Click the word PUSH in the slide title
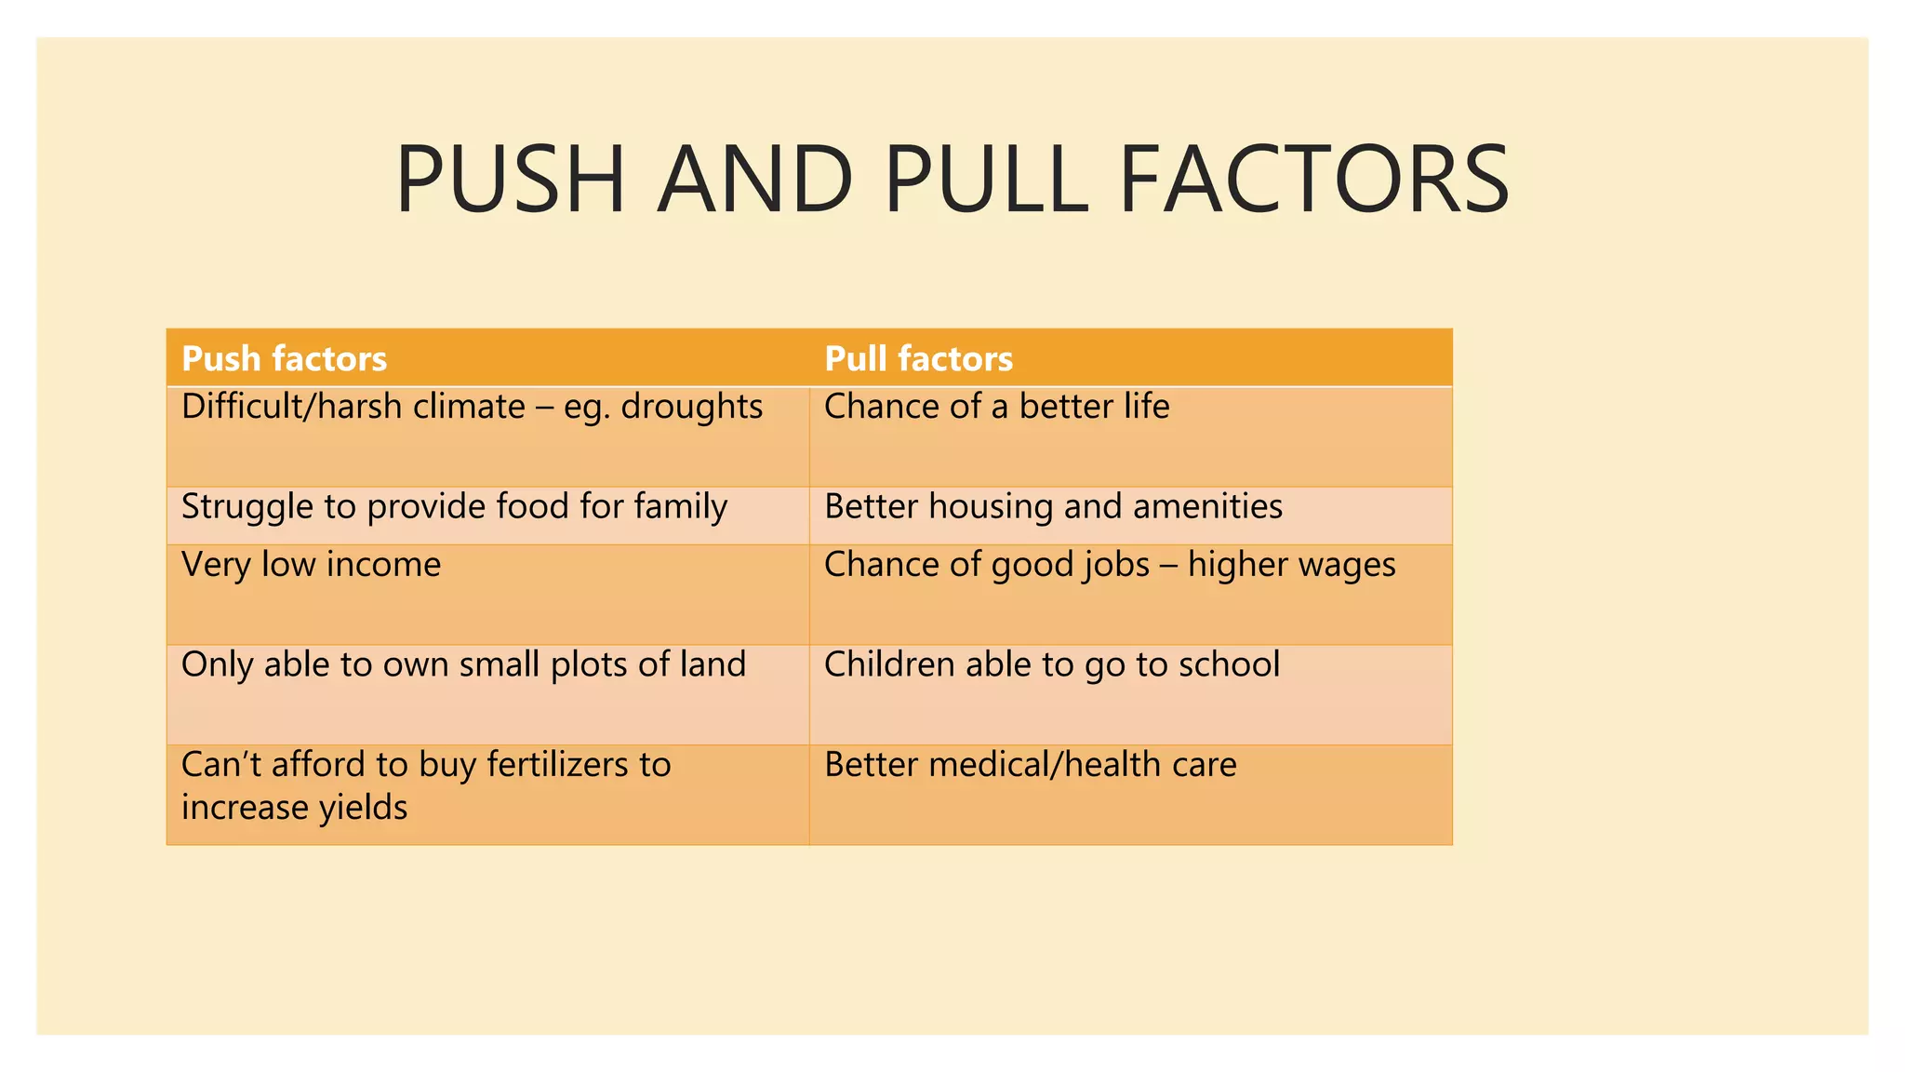(510, 180)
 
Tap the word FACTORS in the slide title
(1313, 180)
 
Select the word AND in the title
(754, 180)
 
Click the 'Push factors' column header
(284, 359)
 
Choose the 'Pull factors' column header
(918, 359)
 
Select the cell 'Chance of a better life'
(996, 408)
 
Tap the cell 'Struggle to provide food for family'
(454, 508)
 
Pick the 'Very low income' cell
(311, 565)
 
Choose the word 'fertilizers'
(558, 765)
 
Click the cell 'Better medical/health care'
(1030, 765)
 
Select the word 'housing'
(990, 508)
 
